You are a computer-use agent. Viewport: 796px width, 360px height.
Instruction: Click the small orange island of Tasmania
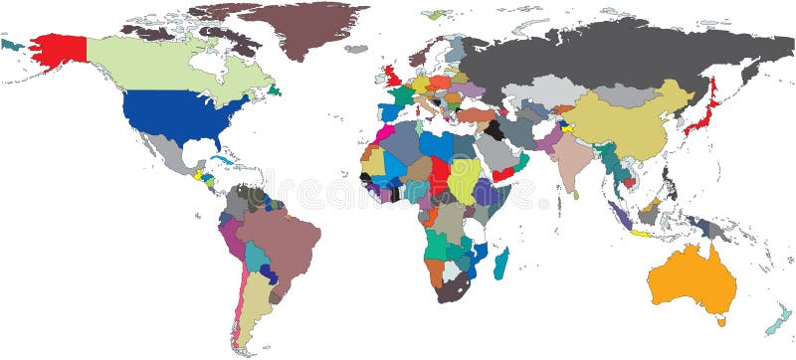click(721, 320)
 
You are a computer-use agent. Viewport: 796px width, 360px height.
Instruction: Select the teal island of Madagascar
click(501, 264)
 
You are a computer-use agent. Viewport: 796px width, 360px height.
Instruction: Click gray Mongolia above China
click(625, 95)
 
